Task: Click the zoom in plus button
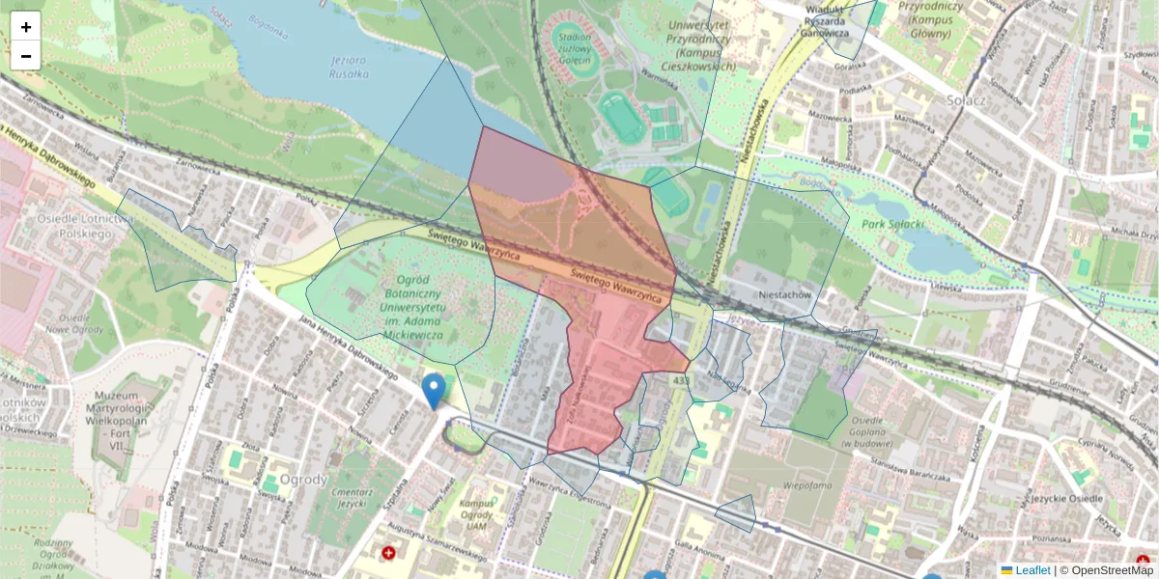[26, 26]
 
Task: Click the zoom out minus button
[26, 56]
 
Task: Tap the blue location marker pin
[434, 391]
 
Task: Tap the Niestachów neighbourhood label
[783, 296]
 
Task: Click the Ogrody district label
[302, 480]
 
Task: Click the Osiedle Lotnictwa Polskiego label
[85, 226]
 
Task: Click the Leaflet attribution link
[1032, 570]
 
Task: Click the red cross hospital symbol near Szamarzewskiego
[388, 554]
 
